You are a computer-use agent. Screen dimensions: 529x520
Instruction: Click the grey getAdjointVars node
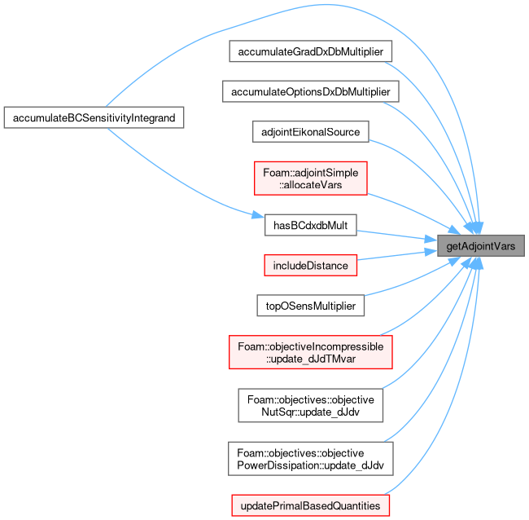click(x=481, y=245)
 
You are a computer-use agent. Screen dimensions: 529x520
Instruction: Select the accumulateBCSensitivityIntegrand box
click(x=94, y=117)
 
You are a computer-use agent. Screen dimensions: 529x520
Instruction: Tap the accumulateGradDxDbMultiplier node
click(x=310, y=51)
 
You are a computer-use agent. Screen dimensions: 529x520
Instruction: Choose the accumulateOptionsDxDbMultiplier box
click(x=310, y=91)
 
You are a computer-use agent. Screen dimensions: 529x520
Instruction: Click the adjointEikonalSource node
click(x=310, y=132)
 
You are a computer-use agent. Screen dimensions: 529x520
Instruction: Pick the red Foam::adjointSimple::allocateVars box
click(x=310, y=178)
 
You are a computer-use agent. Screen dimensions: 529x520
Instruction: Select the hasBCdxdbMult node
click(x=310, y=225)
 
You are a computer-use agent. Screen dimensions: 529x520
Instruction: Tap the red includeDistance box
click(x=310, y=265)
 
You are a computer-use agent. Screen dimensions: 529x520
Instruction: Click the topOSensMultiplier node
click(x=310, y=306)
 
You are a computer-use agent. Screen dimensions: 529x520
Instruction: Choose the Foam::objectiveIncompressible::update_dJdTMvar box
click(x=310, y=352)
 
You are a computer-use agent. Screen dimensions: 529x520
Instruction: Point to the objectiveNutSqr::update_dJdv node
click(x=310, y=405)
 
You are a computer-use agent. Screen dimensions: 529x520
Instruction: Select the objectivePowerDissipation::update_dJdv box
click(x=310, y=459)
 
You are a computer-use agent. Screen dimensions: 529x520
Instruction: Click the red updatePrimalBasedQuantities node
click(x=310, y=505)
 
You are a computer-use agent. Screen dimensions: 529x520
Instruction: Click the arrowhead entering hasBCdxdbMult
click(x=258, y=215)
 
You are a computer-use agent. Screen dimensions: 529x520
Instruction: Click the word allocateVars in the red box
click(x=310, y=185)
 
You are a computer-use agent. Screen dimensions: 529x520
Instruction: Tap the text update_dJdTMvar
click(x=310, y=359)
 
